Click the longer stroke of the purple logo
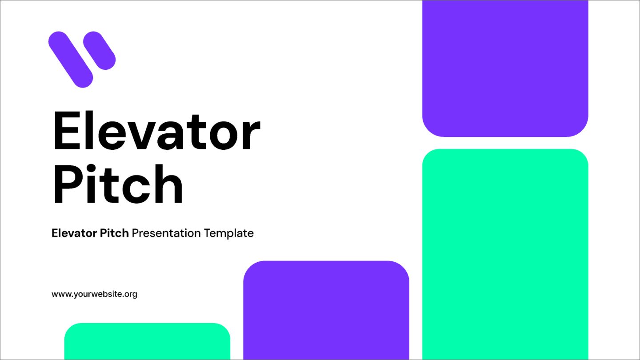click(x=70, y=59)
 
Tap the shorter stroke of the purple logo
click(x=99, y=50)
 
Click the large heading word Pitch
click(x=118, y=184)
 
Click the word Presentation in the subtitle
click(x=167, y=233)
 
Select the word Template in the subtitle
click(x=229, y=233)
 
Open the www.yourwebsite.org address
click(x=94, y=294)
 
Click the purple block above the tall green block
click(x=505, y=67)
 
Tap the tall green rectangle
click(x=505, y=253)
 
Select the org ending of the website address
click(x=131, y=295)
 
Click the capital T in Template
click(x=208, y=233)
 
